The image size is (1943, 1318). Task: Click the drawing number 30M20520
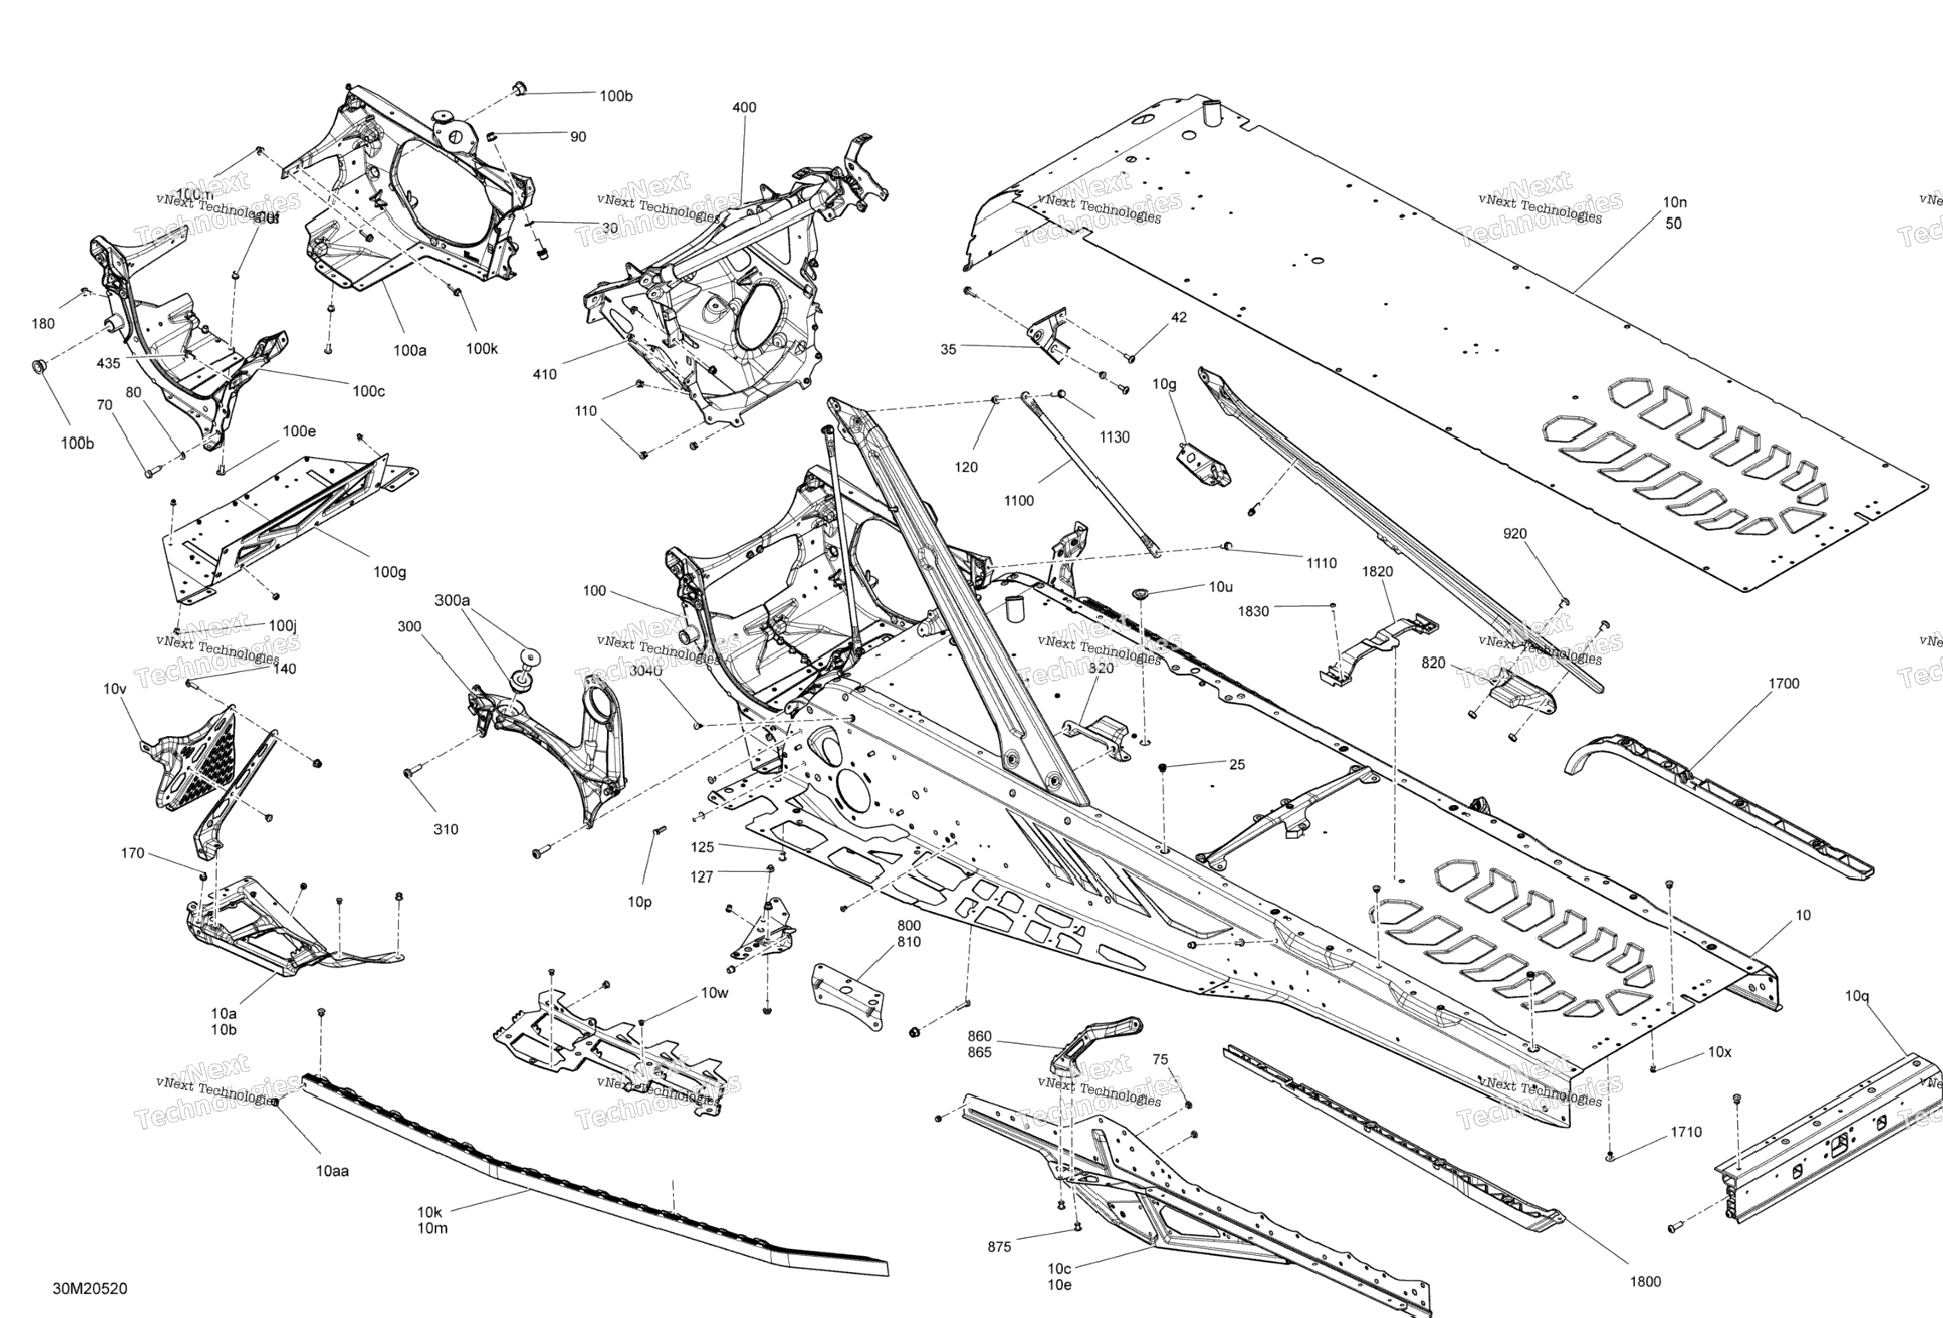90,1288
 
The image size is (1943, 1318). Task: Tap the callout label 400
744,107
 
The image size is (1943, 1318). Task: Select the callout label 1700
1784,683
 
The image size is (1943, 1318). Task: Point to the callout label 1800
1645,1281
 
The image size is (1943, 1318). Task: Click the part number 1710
1686,1132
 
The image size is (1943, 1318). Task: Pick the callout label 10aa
332,1171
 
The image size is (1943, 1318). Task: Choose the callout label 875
999,1247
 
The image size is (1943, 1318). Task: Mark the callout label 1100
1019,500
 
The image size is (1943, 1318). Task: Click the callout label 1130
1114,437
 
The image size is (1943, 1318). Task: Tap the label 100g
390,572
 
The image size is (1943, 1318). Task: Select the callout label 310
445,829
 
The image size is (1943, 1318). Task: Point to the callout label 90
578,137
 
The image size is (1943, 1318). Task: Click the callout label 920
1515,533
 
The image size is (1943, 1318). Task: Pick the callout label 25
1237,765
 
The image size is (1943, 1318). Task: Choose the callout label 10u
1220,587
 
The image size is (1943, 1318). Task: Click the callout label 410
545,374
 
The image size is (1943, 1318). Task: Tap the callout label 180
43,323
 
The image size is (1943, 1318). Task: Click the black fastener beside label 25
1163,767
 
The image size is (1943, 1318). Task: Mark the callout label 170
133,853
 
